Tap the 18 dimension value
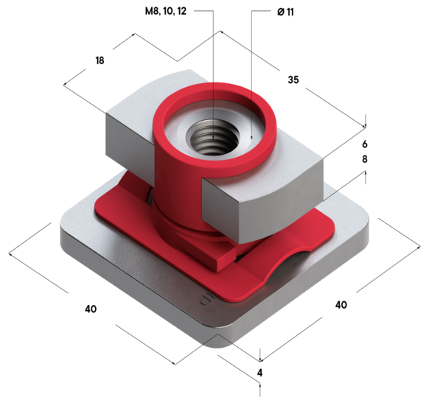[x=100, y=60]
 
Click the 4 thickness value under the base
[x=259, y=372]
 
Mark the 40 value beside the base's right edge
[x=341, y=304]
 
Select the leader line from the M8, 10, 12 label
[x=214, y=74]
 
